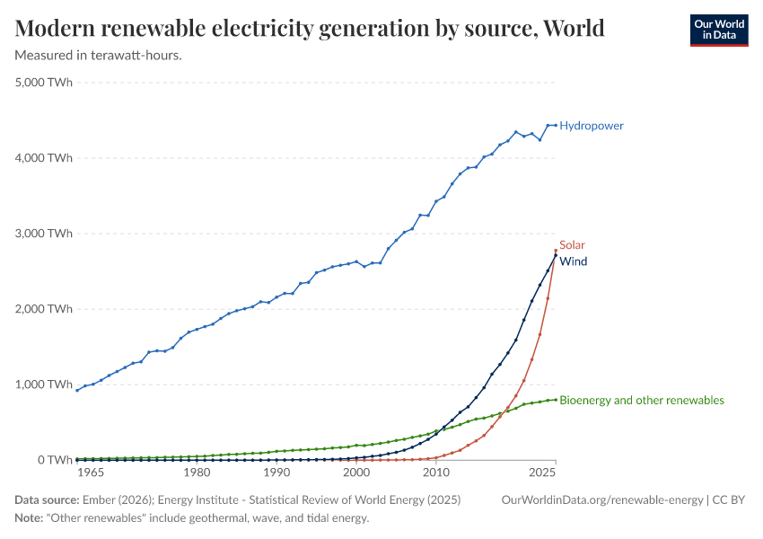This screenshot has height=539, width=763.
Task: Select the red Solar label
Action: tap(572, 244)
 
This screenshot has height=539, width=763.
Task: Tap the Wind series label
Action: tap(573, 261)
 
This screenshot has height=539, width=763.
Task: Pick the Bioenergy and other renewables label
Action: tap(641, 401)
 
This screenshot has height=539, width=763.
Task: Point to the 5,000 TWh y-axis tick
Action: tap(44, 83)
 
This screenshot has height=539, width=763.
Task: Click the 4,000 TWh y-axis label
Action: tap(44, 158)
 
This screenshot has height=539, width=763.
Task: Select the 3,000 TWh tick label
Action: tap(44, 234)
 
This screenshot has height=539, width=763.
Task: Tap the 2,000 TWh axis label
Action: tap(44, 309)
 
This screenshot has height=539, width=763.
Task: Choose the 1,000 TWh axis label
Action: tap(44, 384)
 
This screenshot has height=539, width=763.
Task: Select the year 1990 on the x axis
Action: tap(276, 473)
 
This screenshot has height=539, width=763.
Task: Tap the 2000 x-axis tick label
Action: tap(356, 473)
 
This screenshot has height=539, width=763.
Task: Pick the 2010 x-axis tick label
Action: tap(436, 473)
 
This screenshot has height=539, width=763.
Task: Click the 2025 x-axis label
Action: tap(542, 473)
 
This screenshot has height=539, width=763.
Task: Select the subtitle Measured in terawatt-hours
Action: tap(99, 56)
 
